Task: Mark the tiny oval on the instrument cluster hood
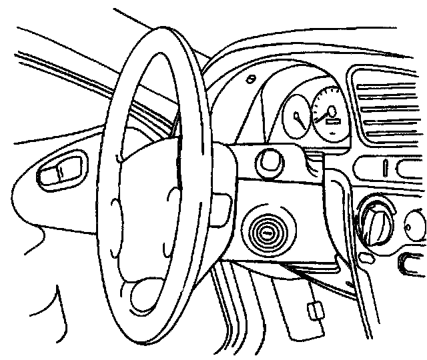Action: point(249,80)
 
